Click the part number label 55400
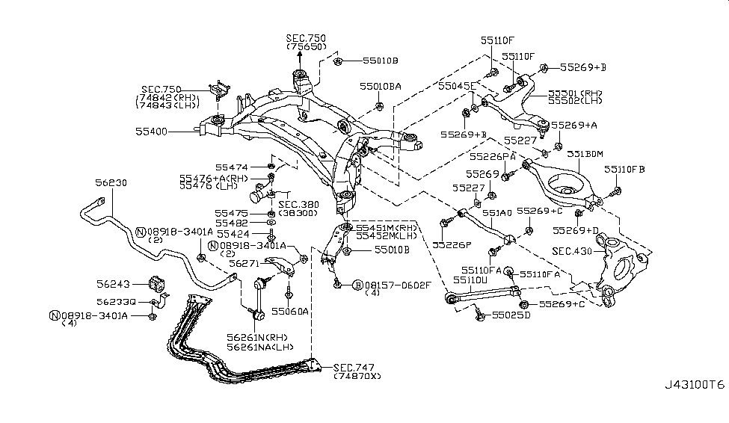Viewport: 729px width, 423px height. click(151, 131)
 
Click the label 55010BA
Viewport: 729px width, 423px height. click(380, 87)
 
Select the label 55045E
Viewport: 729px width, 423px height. click(457, 87)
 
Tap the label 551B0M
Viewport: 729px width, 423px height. click(585, 154)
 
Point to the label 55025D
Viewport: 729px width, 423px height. click(512, 316)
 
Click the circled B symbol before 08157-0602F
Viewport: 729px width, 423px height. click(357, 285)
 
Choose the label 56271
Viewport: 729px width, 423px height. click(244, 264)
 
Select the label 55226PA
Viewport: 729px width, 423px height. click(493, 156)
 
